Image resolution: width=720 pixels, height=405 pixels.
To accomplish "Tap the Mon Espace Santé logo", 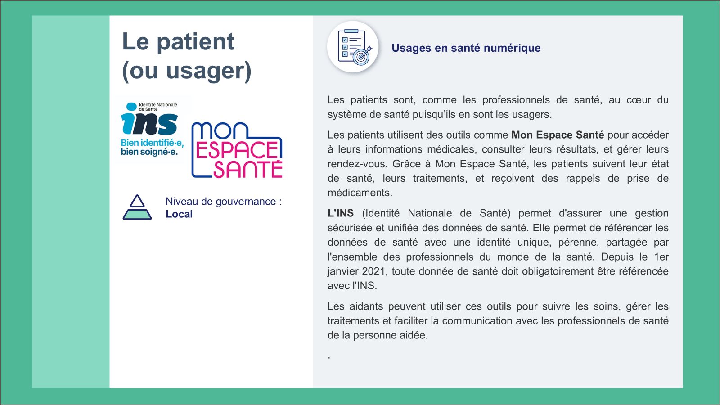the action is (x=237, y=150).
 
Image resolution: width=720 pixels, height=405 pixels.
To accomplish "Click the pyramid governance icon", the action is (x=137, y=207).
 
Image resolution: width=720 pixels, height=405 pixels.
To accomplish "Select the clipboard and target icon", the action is (x=353, y=47).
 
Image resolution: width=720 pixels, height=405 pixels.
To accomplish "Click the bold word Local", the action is (x=179, y=214).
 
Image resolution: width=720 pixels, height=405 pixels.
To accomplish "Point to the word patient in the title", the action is (x=196, y=42).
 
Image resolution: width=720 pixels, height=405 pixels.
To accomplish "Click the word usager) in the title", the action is (x=209, y=71).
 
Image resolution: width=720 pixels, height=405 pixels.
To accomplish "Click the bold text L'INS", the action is (x=341, y=213).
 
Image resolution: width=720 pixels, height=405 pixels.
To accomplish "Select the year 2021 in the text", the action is (x=373, y=271).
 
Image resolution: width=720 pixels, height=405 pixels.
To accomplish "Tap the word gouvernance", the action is (x=246, y=202).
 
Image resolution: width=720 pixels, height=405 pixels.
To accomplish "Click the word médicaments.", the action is (x=360, y=193).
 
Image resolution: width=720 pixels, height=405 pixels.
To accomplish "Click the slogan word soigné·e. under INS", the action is (x=158, y=152).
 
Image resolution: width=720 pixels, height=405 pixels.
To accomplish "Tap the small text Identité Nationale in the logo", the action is (x=158, y=105).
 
